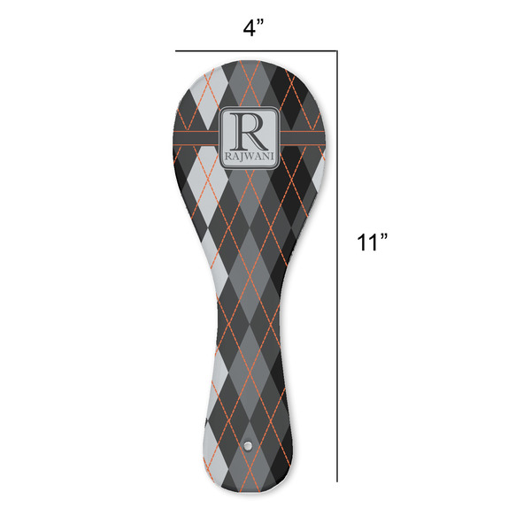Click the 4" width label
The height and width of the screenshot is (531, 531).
pos(255,28)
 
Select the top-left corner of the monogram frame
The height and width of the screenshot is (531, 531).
pos(222,109)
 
